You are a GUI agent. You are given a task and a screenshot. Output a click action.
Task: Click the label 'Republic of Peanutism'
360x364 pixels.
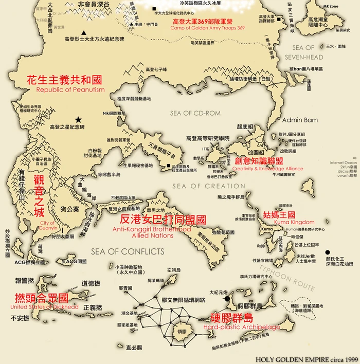(x=70, y=89)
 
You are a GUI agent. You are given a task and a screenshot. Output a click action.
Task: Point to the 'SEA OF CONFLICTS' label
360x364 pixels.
(x=128, y=251)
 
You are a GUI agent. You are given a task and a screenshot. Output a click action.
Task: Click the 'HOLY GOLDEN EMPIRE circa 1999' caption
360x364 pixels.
(x=306, y=359)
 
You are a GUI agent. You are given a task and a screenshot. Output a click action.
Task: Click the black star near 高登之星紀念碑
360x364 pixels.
(x=78, y=118)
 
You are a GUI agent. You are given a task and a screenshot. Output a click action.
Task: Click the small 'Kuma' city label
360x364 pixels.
(x=266, y=228)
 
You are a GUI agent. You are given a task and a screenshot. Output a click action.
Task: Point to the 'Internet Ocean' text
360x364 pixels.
(x=344, y=163)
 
